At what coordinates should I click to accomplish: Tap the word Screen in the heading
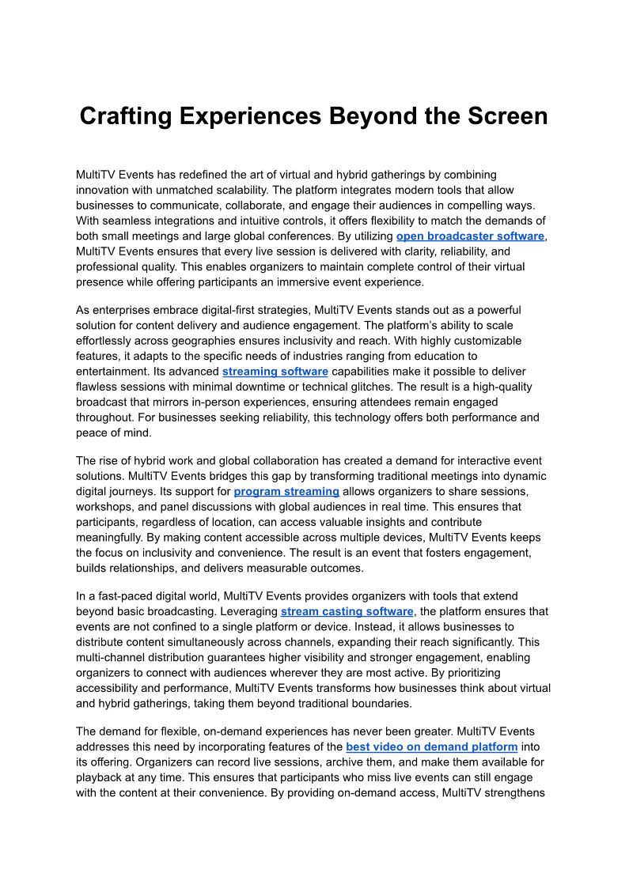click(x=498, y=116)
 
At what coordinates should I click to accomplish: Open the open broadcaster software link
click(x=470, y=236)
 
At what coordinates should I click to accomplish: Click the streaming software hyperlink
click(x=275, y=371)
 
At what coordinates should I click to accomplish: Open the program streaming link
click(x=286, y=491)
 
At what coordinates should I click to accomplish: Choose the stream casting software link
click(x=347, y=611)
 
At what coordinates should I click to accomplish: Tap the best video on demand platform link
click(x=431, y=746)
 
